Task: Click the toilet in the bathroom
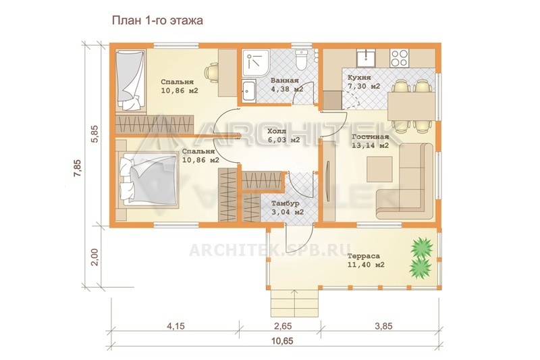[x=301, y=60]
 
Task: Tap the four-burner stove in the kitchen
[x=400, y=58]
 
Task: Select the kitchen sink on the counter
[x=367, y=58]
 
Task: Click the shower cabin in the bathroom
[x=256, y=63]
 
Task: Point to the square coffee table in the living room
[x=379, y=169]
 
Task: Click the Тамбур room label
[x=285, y=203]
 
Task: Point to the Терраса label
[x=363, y=256]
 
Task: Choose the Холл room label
[x=277, y=131]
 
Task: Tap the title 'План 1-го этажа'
[x=157, y=21]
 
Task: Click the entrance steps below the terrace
[x=294, y=303]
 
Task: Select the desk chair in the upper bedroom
[x=211, y=73]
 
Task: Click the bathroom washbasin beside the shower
[x=248, y=91]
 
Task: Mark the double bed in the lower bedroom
[x=148, y=180]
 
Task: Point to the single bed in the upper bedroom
[x=130, y=80]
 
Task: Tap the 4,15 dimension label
[x=175, y=326]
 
